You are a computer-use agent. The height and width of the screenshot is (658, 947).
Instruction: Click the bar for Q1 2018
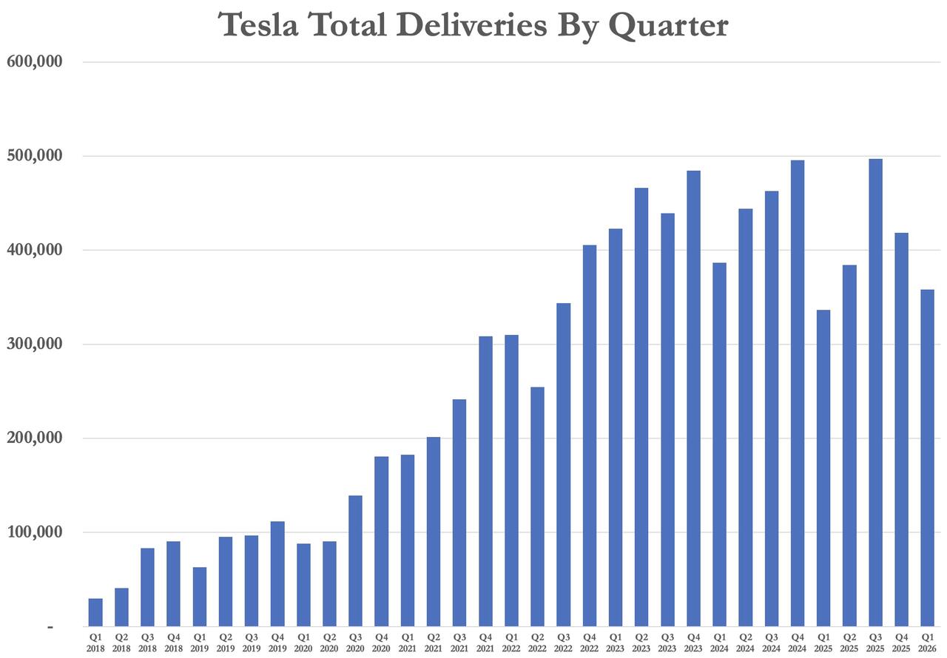tap(95, 612)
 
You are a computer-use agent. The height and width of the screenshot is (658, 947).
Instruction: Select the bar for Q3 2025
tap(875, 393)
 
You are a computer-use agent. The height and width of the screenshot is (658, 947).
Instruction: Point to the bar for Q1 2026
tap(927, 458)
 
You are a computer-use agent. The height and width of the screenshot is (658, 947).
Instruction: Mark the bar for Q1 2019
tap(200, 597)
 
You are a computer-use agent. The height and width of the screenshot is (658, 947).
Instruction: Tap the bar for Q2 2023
tap(641, 407)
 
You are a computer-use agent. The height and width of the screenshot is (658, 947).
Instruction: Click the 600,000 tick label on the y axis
tap(34, 62)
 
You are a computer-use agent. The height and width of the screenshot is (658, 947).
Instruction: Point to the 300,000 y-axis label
tap(34, 345)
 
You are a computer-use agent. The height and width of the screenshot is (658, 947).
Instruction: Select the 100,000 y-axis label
tap(34, 532)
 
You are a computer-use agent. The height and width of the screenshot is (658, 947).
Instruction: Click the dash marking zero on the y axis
tap(50, 627)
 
